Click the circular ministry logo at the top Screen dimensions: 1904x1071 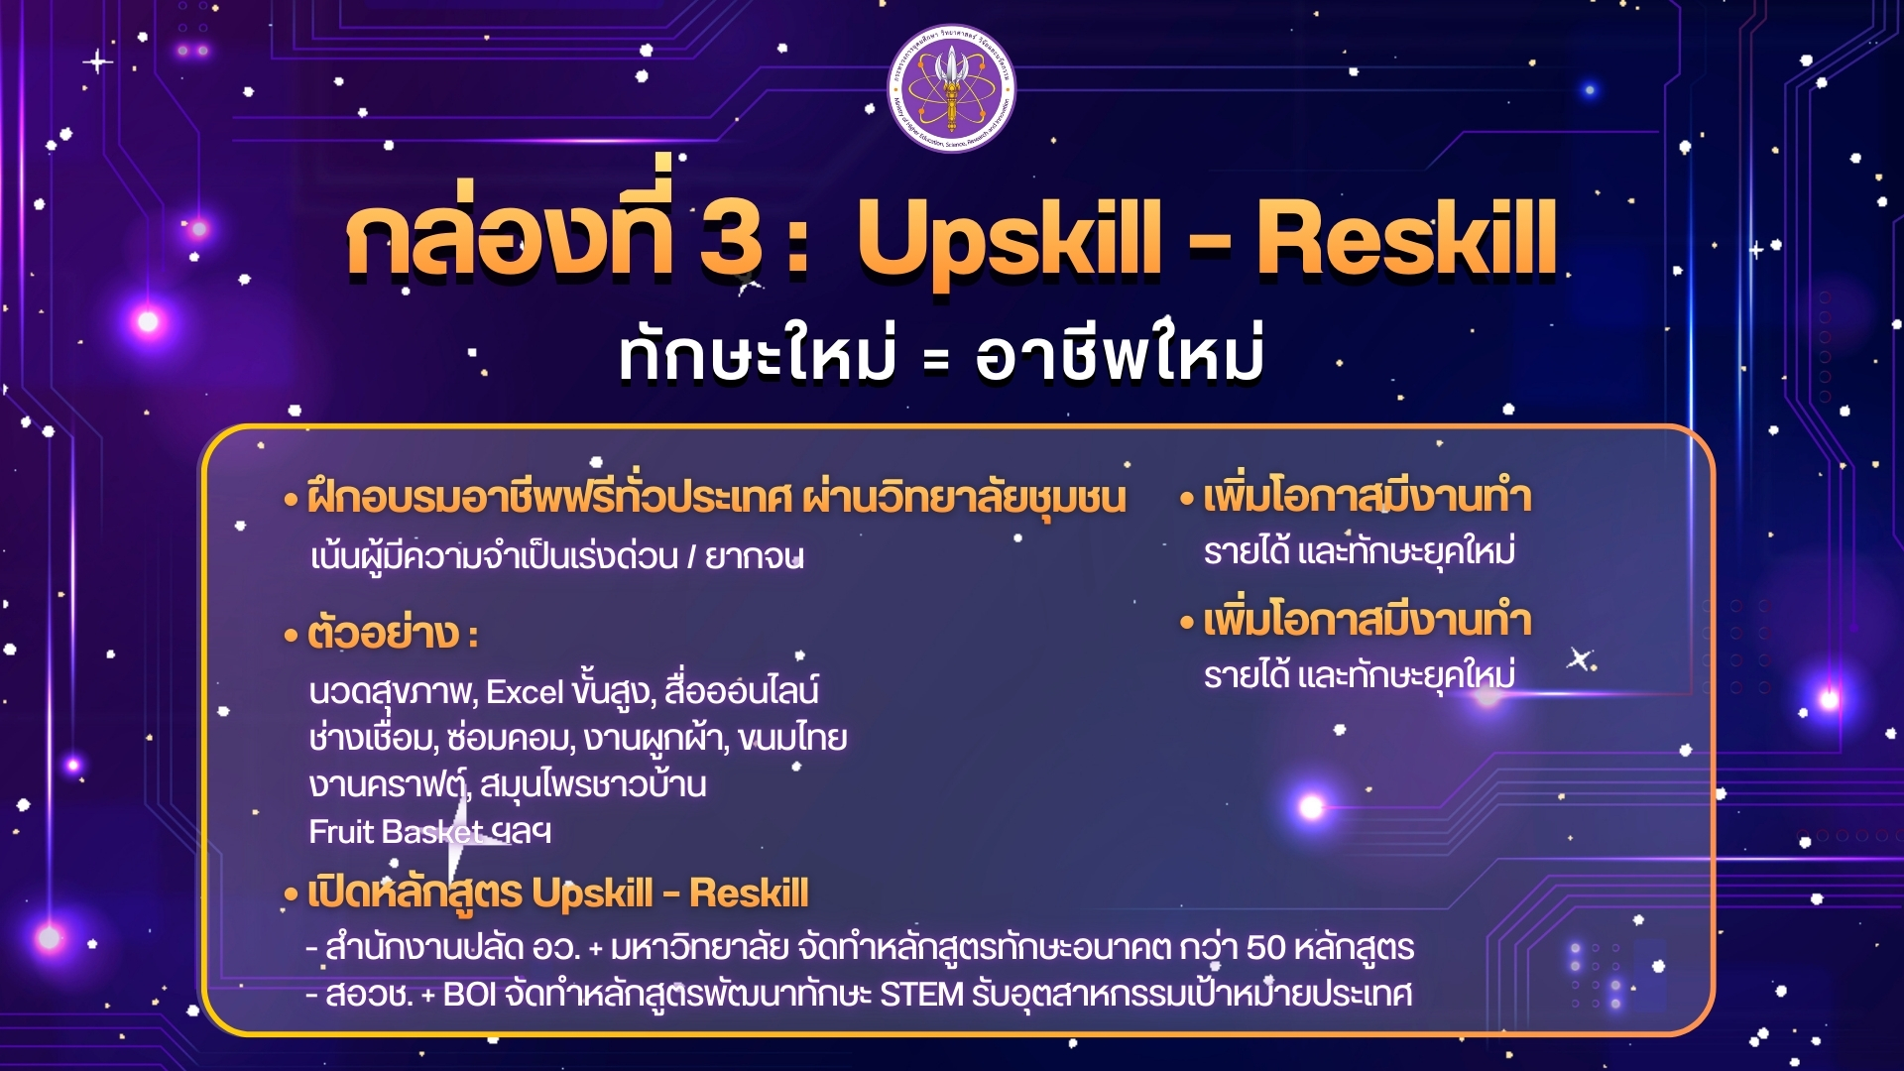point(951,89)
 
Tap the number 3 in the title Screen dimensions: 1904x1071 point(732,238)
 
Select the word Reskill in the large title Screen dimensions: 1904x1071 point(1406,237)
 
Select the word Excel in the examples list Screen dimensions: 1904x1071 point(525,691)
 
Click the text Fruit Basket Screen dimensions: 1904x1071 point(396,831)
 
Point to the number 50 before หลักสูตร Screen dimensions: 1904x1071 point(1265,948)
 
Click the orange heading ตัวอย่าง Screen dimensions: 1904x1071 point(384,633)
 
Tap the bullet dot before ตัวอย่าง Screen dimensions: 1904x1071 point(292,636)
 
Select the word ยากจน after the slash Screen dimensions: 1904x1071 point(754,557)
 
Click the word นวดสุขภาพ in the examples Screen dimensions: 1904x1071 point(393,691)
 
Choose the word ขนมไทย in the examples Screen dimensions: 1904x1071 point(792,738)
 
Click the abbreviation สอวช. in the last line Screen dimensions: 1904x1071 point(369,994)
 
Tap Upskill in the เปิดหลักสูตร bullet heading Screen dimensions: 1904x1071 point(591,894)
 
